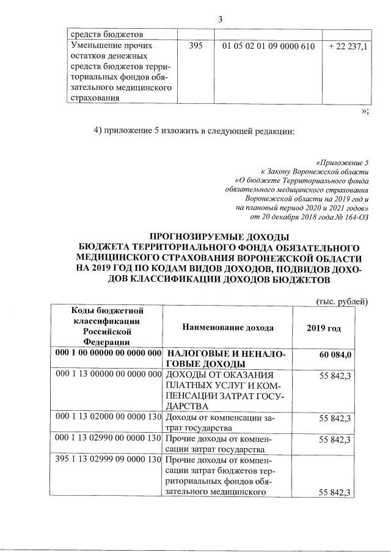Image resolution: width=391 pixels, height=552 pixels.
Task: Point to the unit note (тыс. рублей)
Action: [x=341, y=300]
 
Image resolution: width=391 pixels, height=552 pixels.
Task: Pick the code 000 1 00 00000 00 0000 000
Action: [x=108, y=354]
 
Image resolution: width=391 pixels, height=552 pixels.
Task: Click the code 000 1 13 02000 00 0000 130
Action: [x=108, y=417]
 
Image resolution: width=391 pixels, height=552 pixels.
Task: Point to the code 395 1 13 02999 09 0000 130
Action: [x=108, y=459]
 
